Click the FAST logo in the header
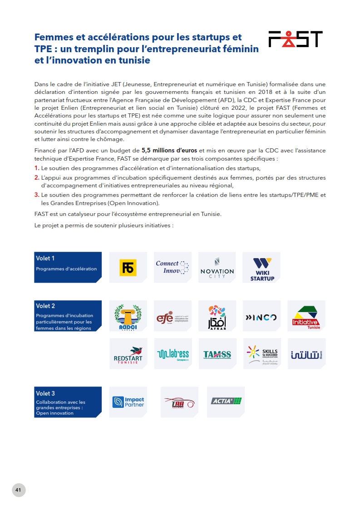tap(295, 39)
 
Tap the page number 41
tap(19, 490)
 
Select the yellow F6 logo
tap(128, 268)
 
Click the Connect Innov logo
tap(173, 267)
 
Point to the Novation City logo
tap(217, 268)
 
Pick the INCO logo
tap(261, 317)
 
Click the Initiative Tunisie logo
tap(306, 317)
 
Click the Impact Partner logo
tap(128, 401)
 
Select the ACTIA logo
tap(226, 401)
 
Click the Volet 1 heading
tap(45, 259)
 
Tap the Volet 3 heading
tap(45, 393)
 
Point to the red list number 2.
tap(37, 177)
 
